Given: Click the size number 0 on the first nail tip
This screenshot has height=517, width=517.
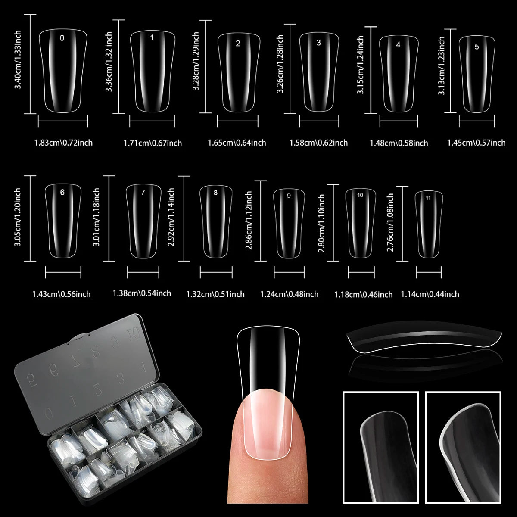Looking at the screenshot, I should click(x=62, y=38).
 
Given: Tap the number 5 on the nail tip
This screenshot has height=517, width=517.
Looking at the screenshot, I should click(x=477, y=47).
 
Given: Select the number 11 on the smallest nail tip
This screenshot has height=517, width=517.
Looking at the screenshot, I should click(x=428, y=198).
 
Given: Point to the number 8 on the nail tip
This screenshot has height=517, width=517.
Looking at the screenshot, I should click(x=215, y=193).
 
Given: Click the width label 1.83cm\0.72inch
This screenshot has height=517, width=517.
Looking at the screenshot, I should click(x=63, y=143).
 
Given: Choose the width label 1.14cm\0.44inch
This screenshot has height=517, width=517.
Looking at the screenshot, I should click(x=430, y=294).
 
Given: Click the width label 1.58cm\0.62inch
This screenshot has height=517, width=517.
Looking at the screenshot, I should click(x=318, y=143).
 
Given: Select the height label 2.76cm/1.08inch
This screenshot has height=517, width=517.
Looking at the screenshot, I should click(x=390, y=222).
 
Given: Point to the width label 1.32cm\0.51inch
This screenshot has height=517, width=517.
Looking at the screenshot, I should click(x=215, y=294).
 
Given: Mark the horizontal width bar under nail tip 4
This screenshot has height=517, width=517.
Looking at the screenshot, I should click(x=399, y=122).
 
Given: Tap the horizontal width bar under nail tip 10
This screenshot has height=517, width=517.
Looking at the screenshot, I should click(x=361, y=273).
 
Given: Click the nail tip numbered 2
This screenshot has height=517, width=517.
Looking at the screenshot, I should click(x=238, y=71).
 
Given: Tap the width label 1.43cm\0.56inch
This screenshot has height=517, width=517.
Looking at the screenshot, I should click(x=61, y=294).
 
